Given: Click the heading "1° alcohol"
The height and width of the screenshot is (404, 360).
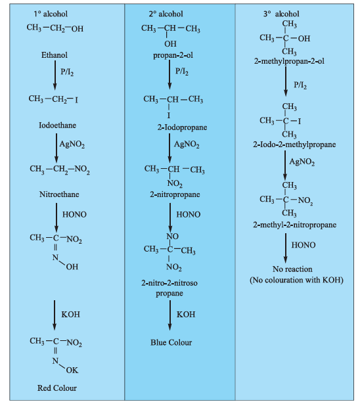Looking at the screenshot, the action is click(51, 14).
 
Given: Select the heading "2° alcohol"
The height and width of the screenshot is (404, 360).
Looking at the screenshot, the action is click(166, 14).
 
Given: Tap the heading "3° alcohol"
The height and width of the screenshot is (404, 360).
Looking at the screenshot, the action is click(281, 14).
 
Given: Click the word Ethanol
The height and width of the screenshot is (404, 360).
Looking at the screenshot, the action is click(55, 55).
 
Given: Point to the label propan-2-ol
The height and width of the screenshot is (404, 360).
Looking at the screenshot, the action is click(173, 55).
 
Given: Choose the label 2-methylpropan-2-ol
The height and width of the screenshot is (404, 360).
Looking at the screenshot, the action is click(289, 61).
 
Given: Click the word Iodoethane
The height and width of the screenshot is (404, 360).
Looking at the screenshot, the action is click(57, 125).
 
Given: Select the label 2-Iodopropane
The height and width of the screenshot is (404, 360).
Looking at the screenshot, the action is click(182, 127).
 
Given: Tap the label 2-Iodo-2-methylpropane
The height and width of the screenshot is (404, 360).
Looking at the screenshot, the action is click(294, 145).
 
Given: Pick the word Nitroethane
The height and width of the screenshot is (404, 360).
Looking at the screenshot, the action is click(59, 194).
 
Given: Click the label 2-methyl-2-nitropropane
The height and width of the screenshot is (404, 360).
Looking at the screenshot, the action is click(294, 225).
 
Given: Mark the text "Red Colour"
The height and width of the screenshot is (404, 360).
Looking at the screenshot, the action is click(57, 388).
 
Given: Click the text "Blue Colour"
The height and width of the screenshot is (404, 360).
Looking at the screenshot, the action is click(171, 342).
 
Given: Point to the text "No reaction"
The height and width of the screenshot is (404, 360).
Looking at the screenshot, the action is click(292, 269).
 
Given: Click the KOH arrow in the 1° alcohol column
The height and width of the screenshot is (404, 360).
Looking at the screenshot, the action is click(55, 315).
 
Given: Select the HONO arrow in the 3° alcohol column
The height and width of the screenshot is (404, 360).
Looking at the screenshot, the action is click(286, 248).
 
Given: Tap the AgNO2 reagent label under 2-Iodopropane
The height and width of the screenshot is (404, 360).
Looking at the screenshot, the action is click(187, 145).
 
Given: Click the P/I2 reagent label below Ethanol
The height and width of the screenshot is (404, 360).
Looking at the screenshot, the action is click(67, 72).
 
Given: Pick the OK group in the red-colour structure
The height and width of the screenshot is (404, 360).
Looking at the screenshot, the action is click(72, 370).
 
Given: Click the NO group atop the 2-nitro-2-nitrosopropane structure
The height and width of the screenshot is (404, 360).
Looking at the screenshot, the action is click(172, 236).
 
